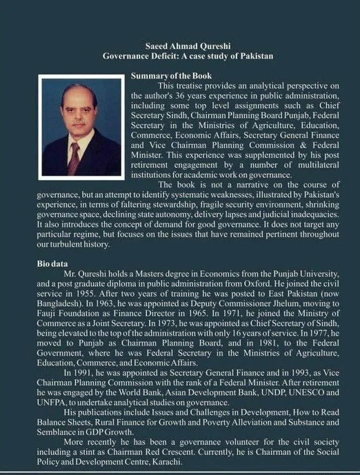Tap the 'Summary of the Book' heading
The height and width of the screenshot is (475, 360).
[170, 74]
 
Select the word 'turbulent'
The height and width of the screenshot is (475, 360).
[76, 244]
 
